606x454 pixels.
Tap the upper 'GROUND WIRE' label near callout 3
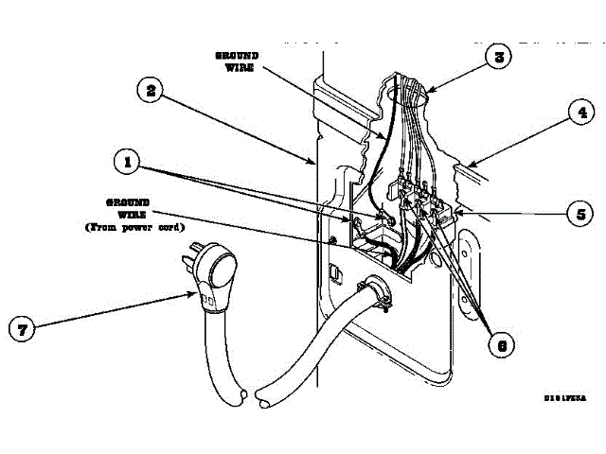click(237, 61)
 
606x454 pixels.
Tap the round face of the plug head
click(221, 272)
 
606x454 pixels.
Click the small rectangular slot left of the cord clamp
click(334, 272)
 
